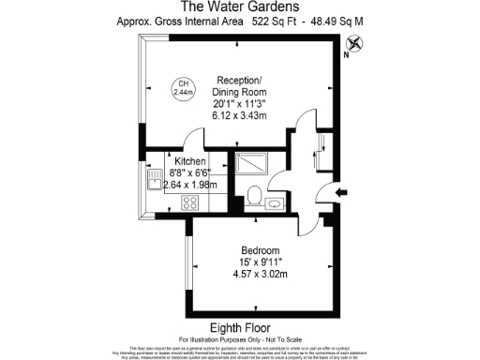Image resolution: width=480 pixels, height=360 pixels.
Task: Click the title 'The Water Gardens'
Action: click(239, 7)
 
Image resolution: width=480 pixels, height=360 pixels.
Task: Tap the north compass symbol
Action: click(353, 42)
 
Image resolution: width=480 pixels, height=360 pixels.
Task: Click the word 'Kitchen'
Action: click(184, 160)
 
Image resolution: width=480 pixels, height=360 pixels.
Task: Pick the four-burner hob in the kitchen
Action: click(189, 202)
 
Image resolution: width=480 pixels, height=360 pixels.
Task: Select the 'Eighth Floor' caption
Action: click(239, 327)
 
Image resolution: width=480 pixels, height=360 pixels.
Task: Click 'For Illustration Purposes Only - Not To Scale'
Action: click(239, 338)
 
